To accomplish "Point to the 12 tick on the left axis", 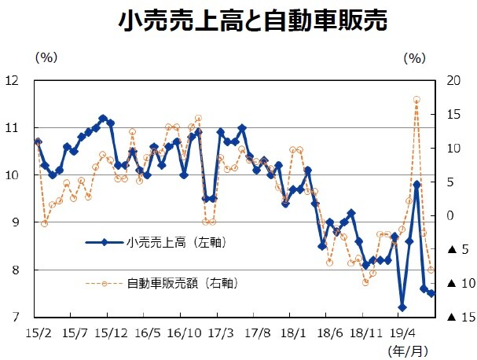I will coord(13,80).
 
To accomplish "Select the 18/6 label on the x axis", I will coord(329,334).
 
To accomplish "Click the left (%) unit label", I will coord(46,57).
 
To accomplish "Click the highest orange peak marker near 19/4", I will coord(416,100).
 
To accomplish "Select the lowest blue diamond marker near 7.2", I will coord(402,307).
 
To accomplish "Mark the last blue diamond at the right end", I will coord(431,293).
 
